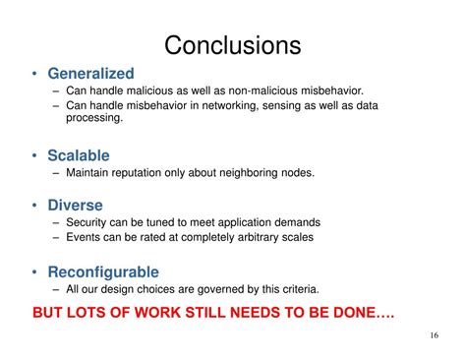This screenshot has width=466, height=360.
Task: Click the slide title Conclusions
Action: (232, 45)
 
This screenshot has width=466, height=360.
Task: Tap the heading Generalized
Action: (91, 74)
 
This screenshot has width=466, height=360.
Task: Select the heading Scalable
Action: (79, 155)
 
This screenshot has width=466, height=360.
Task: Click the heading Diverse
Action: (76, 206)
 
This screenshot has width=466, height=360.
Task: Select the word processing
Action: (94, 118)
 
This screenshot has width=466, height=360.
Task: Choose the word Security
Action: (89, 222)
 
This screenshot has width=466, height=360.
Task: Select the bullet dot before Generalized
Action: (35, 75)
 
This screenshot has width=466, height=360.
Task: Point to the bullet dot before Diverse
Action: (35, 207)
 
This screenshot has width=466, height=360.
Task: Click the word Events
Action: (86, 237)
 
